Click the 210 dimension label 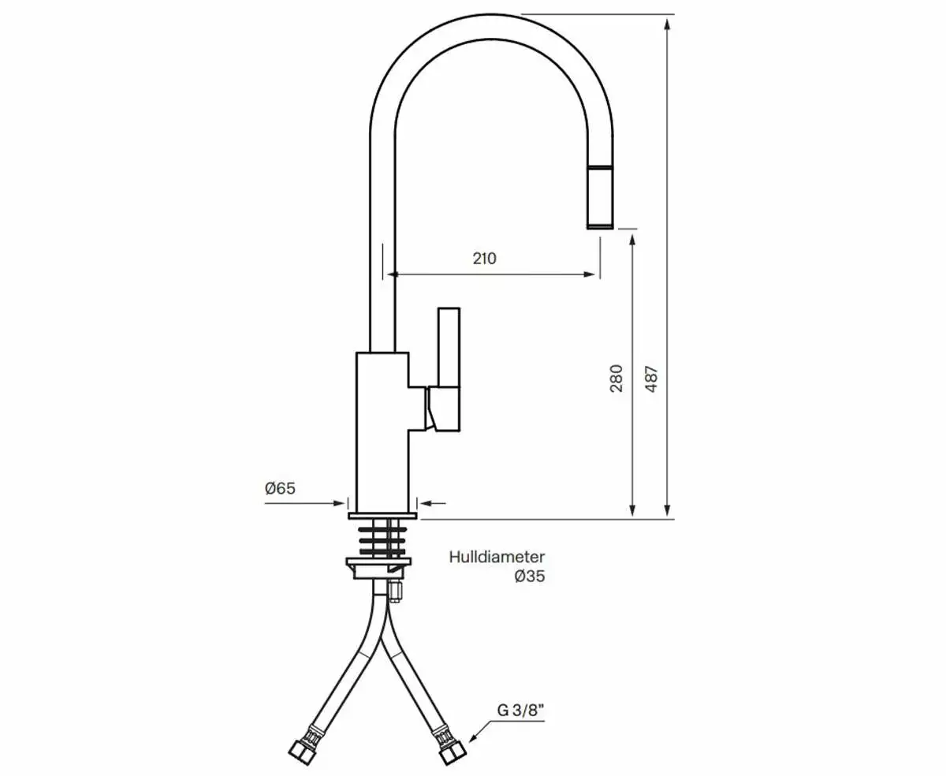pos(484,258)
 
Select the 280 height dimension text pos(616,378)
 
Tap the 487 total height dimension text pos(651,378)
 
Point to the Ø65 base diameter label pos(280,488)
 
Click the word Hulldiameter pos(497,558)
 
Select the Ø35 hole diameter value pos(529,576)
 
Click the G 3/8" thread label pos(521,711)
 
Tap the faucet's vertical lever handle pos(449,347)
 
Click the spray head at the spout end pos(601,197)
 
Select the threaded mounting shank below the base pos(382,539)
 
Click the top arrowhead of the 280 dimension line pos(632,238)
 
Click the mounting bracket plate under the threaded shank pos(380,566)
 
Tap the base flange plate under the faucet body pos(382,517)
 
